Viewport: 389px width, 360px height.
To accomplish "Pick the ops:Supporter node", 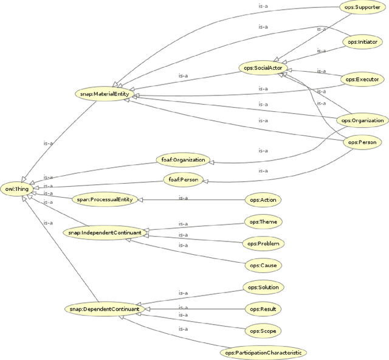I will point(363,7).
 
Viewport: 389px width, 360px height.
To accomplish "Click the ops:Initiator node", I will point(363,42).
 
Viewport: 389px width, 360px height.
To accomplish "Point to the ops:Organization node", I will point(362,120).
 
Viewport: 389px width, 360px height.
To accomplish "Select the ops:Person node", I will point(362,142).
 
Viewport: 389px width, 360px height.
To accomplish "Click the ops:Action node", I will point(263,199).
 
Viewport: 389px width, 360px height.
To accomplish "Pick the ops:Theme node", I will point(264,222).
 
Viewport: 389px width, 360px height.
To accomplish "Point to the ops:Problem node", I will point(263,244).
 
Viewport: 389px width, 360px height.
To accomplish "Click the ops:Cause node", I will point(264,266).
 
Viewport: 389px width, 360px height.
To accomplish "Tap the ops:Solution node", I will point(264,286).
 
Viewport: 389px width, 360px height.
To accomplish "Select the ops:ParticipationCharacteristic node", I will point(263,352).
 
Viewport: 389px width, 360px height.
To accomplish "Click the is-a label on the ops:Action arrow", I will point(182,197).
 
